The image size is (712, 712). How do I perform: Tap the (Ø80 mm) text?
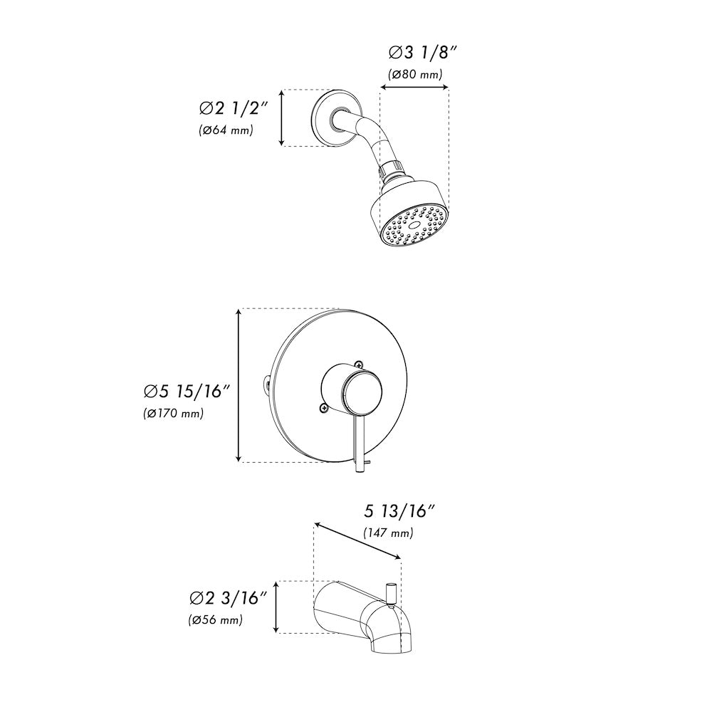416,74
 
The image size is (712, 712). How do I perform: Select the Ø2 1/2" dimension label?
232,108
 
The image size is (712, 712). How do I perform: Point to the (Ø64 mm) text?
226,130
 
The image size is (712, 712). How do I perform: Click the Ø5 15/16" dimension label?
187,391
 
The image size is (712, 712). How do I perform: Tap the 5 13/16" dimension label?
399,511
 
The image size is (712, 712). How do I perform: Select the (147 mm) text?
388,533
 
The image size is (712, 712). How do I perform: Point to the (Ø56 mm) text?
216,619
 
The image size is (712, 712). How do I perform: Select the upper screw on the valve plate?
360,364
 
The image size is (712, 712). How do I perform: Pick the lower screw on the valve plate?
324,408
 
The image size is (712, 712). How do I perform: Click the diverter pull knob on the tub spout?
390,592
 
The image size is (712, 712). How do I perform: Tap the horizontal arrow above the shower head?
414,88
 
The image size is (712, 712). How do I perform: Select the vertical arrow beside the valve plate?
238,385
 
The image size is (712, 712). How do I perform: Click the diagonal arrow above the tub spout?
357,543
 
